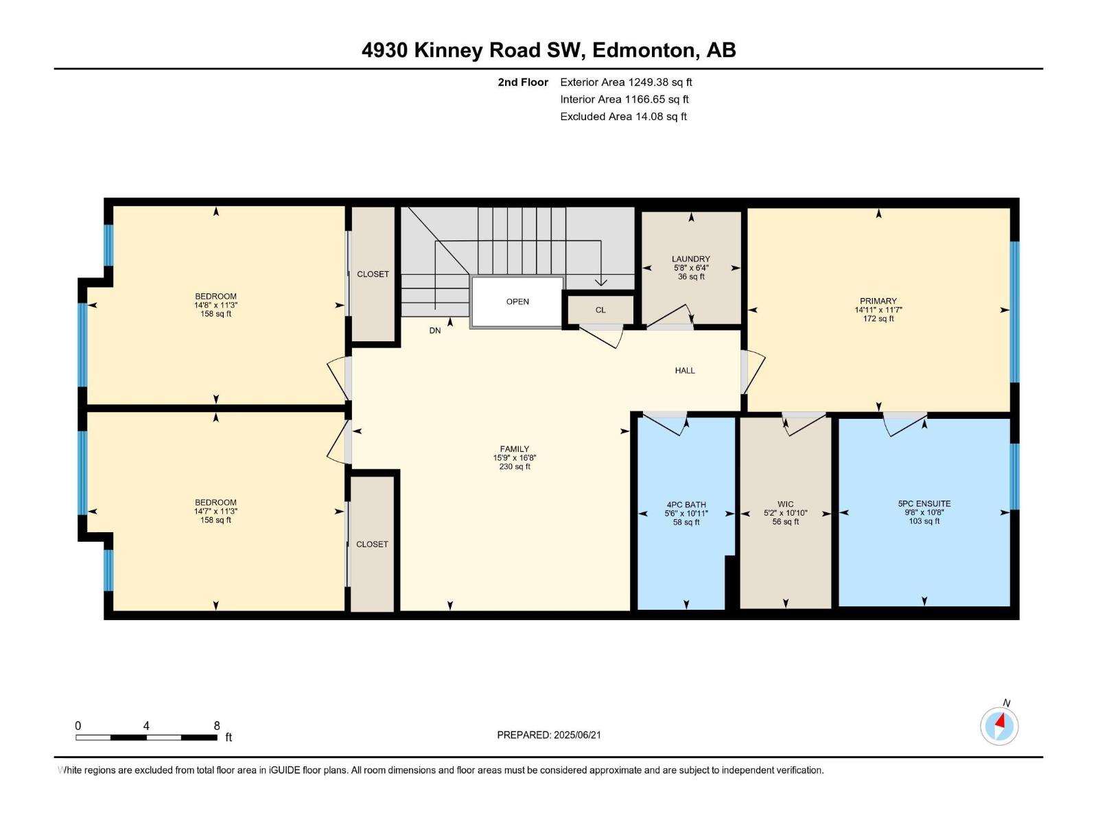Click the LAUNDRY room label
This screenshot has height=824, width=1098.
tap(691, 259)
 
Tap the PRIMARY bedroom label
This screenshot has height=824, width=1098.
tap(878, 301)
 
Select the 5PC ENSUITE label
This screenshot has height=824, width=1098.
tap(924, 503)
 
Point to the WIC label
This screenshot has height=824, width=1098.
tap(785, 504)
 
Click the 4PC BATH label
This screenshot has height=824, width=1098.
tap(686, 504)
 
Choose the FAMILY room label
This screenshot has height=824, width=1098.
tap(514, 449)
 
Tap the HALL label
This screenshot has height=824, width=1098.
tap(685, 370)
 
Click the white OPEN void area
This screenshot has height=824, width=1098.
tap(517, 301)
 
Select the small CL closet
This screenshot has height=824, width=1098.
tap(600, 310)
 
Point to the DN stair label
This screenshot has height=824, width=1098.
tap(434, 330)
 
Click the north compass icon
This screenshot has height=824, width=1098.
tap(999, 726)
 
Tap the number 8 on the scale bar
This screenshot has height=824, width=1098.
tap(217, 725)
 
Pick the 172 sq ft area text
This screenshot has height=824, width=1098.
tap(878, 318)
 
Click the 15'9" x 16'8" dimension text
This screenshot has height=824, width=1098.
tap(514, 457)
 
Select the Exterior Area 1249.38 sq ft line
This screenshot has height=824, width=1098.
tap(626, 82)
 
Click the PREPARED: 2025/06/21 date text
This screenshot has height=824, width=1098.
tap(549, 735)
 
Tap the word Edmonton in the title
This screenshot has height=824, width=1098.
tap(643, 50)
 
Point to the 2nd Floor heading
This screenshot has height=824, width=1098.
tap(523, 82)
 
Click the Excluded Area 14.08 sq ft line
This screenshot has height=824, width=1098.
tap(623, 117)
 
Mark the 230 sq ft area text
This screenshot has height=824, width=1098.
tap(514, 466)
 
